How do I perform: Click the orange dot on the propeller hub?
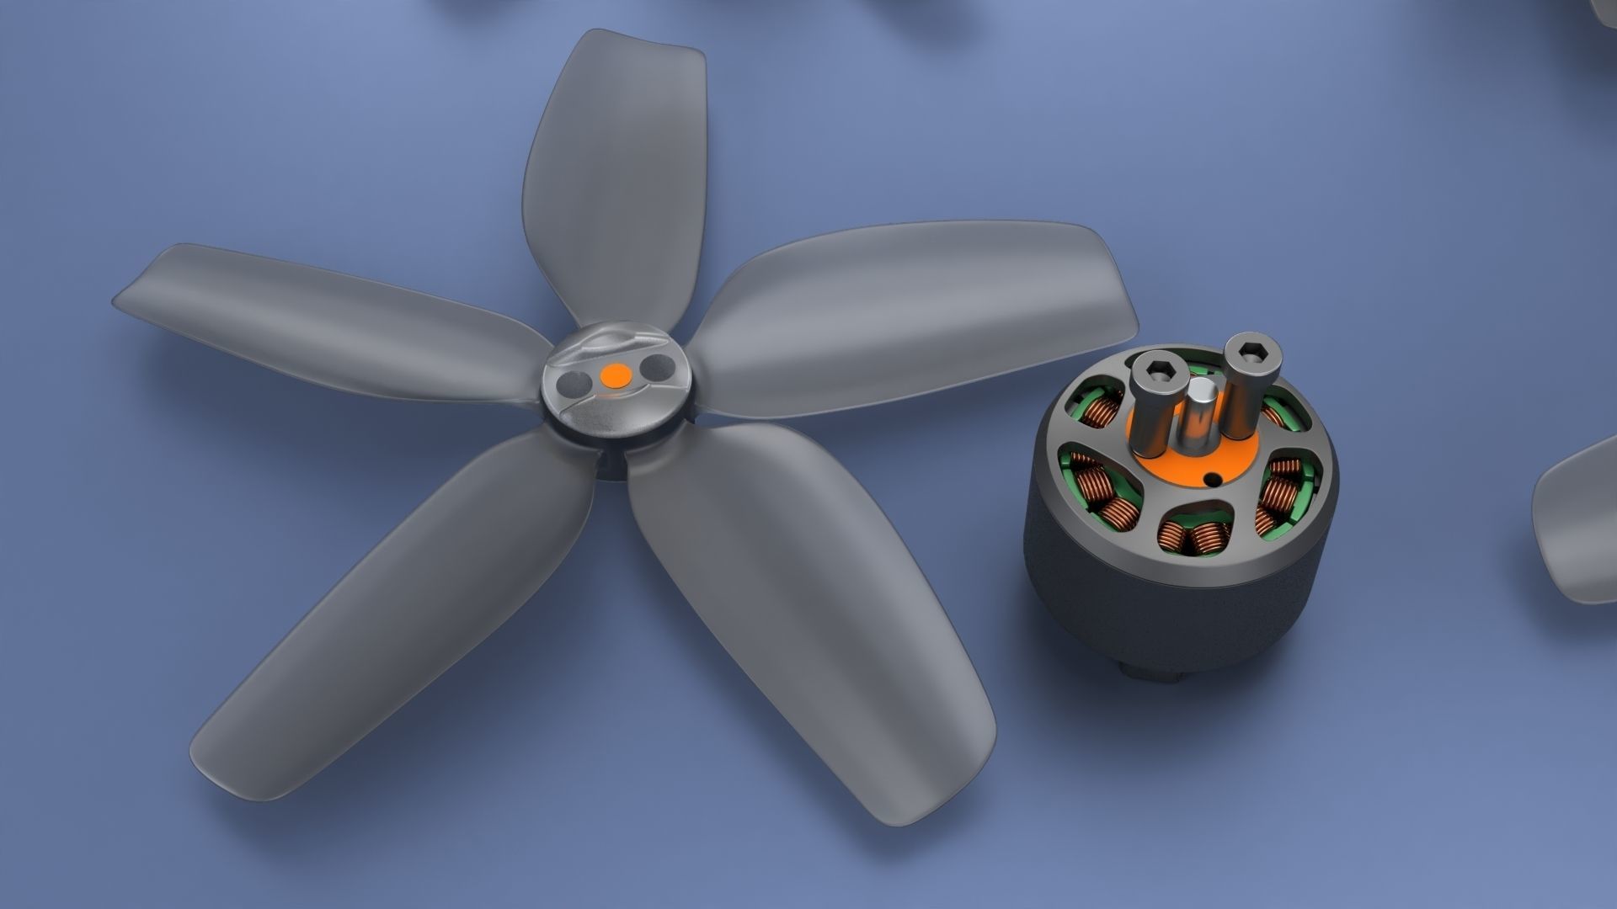616,375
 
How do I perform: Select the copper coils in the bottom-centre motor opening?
1190,537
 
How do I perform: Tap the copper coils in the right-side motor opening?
1277,497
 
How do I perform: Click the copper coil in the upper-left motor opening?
1097,412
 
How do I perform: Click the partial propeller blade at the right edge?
1575,522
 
